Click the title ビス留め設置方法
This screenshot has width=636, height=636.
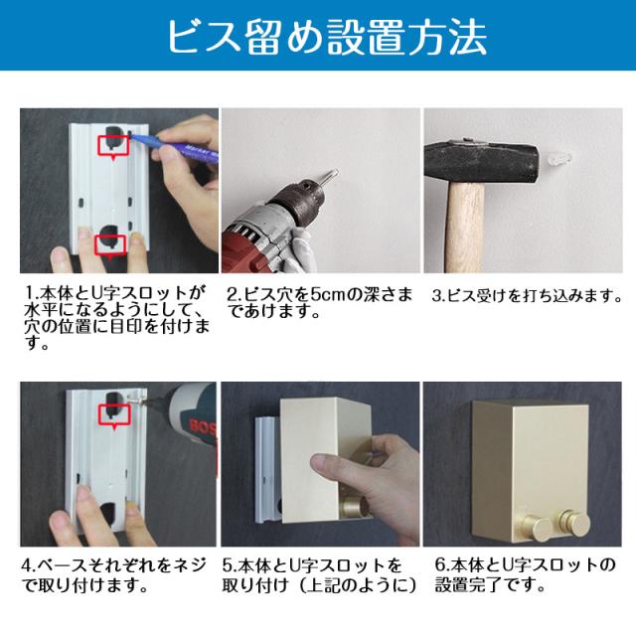(327, 37)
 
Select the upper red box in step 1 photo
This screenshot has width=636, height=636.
(114, 146)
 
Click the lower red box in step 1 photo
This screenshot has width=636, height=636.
(110, 246)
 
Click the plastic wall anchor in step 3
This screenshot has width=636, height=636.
(558, 157)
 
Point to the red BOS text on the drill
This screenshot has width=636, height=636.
(203, 426)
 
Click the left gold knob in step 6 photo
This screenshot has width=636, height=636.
(538, 527)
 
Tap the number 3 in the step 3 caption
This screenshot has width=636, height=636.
(436, 296)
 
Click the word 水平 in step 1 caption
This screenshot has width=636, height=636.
(41, 310)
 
